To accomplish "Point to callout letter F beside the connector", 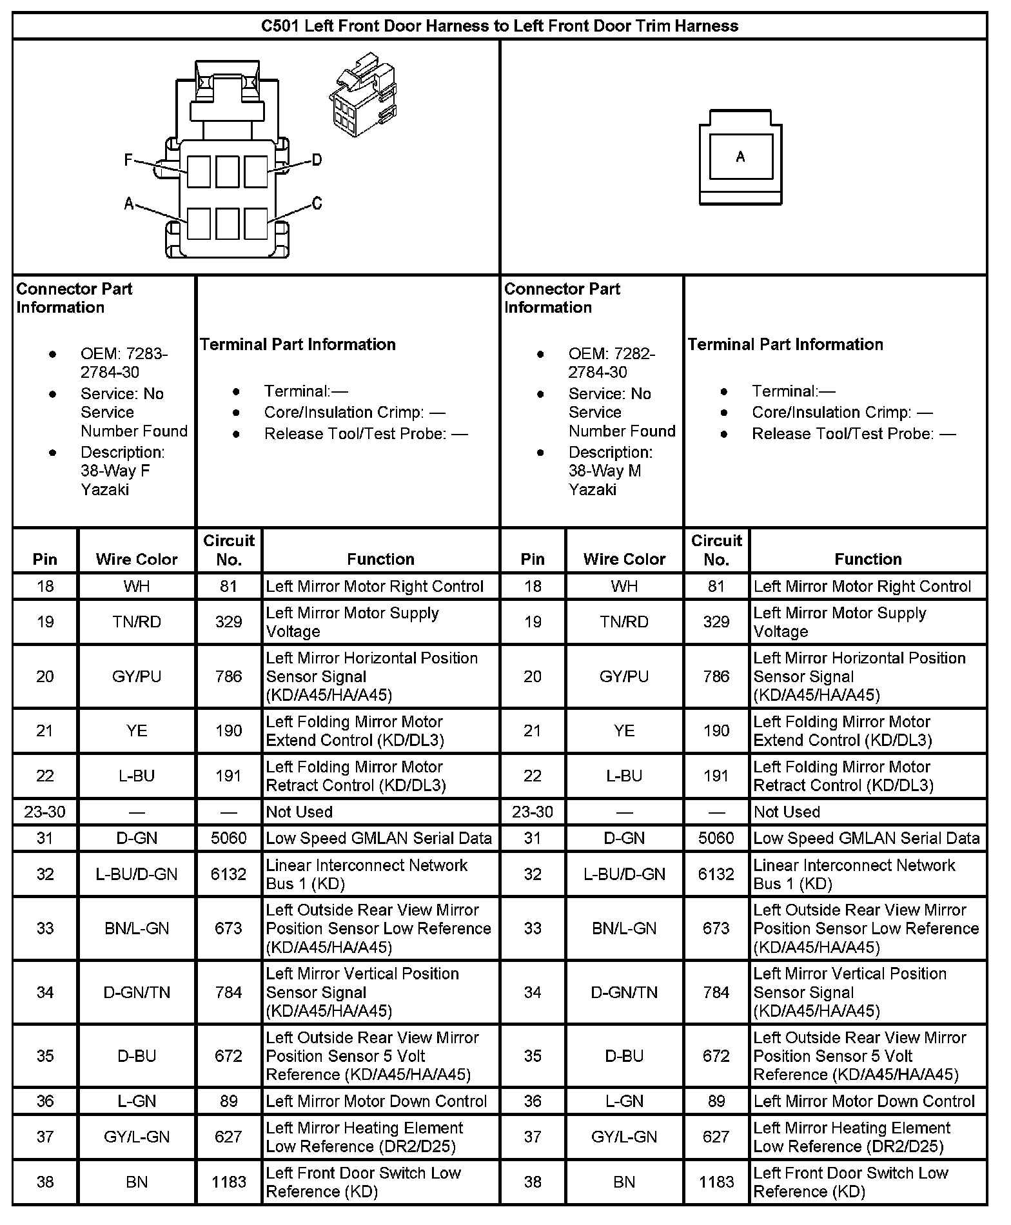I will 129,160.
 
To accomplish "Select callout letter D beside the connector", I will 317,160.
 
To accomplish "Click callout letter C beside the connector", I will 317,204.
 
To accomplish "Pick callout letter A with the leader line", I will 129,204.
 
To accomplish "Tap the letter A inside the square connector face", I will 740,157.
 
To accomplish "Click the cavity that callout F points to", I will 199,172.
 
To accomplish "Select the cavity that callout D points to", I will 256,172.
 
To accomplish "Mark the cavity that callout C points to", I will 256,224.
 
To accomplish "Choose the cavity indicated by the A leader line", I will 199,224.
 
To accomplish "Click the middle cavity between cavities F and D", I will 228,172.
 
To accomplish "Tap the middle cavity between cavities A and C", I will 228,224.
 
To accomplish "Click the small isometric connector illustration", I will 362,95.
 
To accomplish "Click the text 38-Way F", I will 115,471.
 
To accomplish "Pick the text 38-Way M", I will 605,471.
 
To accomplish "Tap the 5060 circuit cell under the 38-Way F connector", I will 229,838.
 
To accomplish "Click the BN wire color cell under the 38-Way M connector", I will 624,1182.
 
